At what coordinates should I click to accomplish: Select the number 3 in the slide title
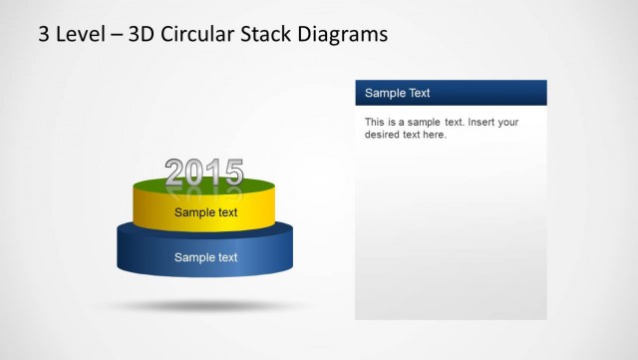coord(44,35)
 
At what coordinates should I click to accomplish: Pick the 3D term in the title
coord(138,35)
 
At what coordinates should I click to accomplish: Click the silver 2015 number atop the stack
coord(203,174)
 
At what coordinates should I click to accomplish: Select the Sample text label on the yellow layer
coord(205,212)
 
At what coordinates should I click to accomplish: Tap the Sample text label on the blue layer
coord(205,257)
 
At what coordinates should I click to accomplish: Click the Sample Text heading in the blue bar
coord(397,93)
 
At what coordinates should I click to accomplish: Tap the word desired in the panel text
coord(384,135)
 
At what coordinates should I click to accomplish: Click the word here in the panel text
coord(435,135)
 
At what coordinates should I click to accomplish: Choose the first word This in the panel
coord(375,123)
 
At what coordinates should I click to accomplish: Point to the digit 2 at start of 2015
coord(175,174)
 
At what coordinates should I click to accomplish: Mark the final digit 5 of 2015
coord(232,174)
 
